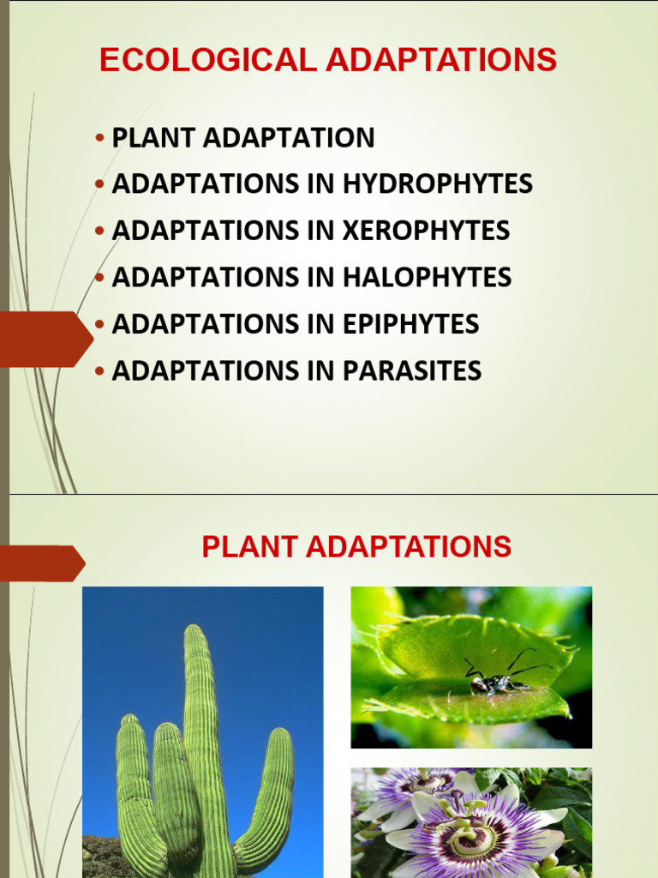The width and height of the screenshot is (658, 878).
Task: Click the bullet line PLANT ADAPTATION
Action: [x=242, y=137]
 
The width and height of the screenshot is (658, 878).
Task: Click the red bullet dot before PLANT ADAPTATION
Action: [x=100, y=138]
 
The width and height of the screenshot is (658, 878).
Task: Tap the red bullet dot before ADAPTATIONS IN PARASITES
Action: [x=100, y=371]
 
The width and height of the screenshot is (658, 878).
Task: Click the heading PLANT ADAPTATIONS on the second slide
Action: [x=356, y=546]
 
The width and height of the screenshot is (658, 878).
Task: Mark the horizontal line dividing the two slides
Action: [x=329, y=494]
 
